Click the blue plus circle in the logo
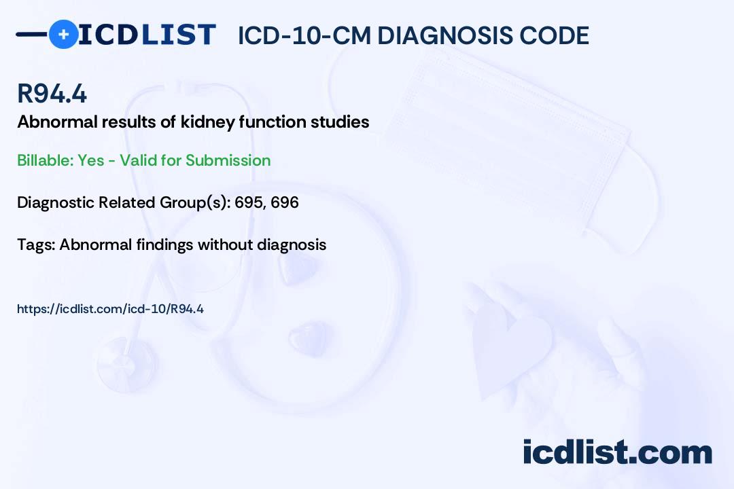pos(64,34)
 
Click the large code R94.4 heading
pos(52,94)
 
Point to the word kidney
pos(207,123)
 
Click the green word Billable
pos(44,160)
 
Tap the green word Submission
pos(228,160)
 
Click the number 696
pos(285,202)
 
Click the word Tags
pos(35,245)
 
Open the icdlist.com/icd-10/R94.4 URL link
pos(111,309)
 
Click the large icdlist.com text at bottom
pos(617,452)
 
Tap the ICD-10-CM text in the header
pos(304,35)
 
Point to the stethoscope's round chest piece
pos(127,364)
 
